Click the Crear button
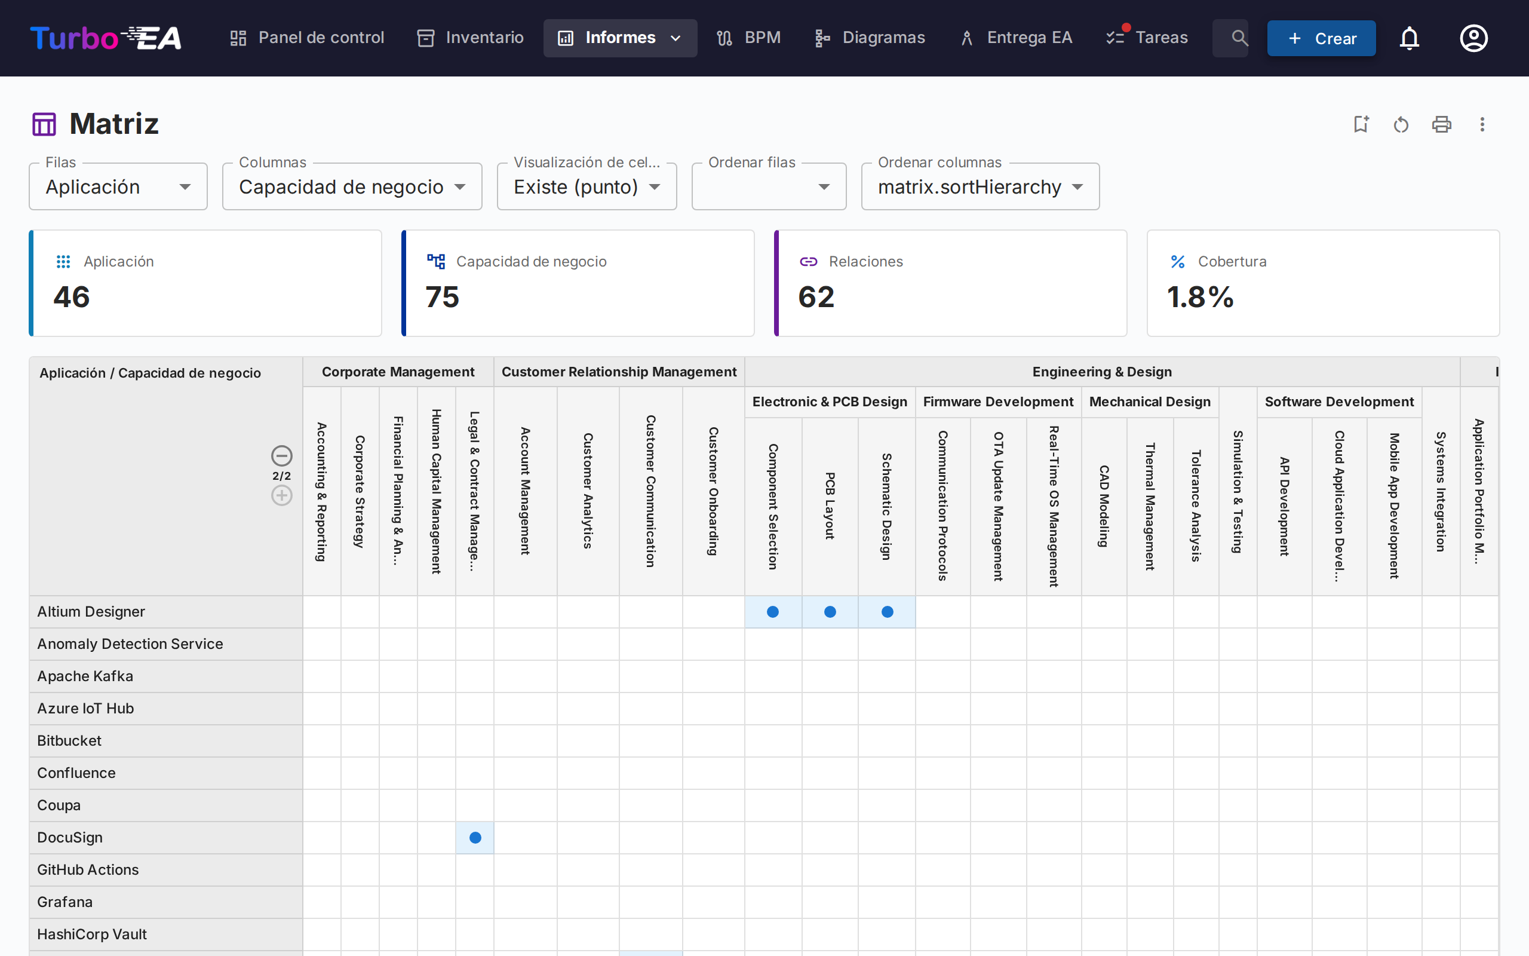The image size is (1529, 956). point(1321,39)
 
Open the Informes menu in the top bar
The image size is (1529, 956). point(620,38)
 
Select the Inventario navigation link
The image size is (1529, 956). point(471,38)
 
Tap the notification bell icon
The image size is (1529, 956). point(1409,39)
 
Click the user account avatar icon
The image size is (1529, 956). point(1473,39)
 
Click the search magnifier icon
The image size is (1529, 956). point(1239,38)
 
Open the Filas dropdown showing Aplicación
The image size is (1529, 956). point(118,187)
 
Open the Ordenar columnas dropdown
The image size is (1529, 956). point(980,187)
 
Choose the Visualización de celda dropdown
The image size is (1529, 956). point(587,187)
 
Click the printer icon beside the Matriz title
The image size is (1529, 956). point(1441,124)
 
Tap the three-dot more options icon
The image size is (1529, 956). point(1482,124)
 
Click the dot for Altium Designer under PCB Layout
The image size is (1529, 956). point(830,612)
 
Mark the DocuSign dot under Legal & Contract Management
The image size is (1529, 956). point(475,838)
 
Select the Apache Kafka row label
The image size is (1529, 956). point(85,676)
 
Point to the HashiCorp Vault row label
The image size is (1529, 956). point(92,934)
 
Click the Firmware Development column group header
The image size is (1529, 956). point(997,402)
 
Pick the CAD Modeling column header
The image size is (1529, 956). point(1104,506)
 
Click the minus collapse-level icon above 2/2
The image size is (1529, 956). point(282,456)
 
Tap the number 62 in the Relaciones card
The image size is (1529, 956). point(816,297)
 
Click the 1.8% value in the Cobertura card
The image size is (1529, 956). point(1200,297)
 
